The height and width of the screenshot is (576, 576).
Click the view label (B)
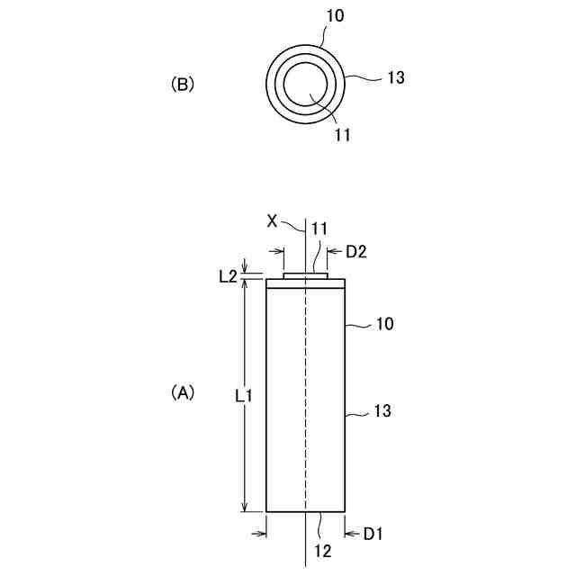pos(183,85)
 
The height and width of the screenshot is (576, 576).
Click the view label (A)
pos(183,393)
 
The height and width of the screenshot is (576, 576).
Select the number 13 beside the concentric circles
pos(394,77)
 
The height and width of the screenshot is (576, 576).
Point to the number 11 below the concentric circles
pos(341,135)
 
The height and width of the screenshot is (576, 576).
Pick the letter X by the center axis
pos(273,219)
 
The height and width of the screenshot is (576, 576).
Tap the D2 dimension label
pos(356,252)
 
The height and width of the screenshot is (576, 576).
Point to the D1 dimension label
pos(373,535)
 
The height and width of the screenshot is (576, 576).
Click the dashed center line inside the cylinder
pos(306,396)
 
